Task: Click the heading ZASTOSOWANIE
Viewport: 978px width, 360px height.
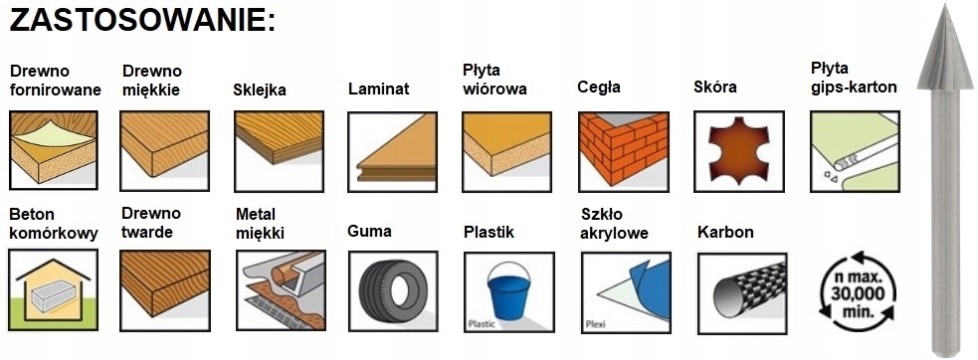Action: [x=142, y=21]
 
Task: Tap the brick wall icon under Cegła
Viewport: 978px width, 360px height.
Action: [x=623, y=151]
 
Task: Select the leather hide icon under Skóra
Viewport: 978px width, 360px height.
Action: [x=739, y=151]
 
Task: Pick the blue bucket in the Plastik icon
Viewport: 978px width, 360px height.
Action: [x=509, y=290]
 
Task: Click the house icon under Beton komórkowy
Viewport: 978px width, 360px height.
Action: [x=54, y=289]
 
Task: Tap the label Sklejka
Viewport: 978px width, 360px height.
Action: [x=260, y=90]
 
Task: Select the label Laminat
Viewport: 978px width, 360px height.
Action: [x=379, y=89]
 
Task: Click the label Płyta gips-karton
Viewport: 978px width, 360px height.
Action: [x=854, y=78]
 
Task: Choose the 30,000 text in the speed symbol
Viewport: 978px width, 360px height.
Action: [x=858, y=293]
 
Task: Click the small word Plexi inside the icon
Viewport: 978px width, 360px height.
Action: [x=596, y=324]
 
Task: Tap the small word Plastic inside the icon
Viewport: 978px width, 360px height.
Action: [x=481, y=324]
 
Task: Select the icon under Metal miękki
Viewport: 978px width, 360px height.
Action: [x=282, y=290]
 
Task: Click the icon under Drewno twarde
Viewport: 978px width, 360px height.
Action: [x=165, y=290]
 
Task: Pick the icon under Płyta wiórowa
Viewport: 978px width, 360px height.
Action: [x=507, y=151]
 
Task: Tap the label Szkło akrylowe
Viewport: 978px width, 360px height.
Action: [x=614, y=224]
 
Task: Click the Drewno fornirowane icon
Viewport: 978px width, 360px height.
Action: [x=54, y=150]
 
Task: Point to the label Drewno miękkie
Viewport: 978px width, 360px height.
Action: [x=151, y=81]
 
